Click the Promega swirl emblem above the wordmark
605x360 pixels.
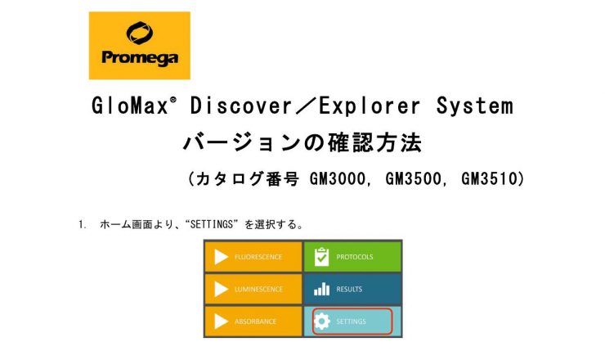(x=139, y=33)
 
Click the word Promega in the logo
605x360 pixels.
(x=140, y=58)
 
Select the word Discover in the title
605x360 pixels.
(x=240, y=106)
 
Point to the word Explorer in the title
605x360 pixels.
(x=370, y=106)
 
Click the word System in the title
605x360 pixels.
(x=475, y=106)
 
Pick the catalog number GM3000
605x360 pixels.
(x=337, y=179)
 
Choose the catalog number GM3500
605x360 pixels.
(x=413, y=179)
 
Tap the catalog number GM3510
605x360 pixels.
(x=489, y=179)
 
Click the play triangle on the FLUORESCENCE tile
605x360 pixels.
(x=221, y=257)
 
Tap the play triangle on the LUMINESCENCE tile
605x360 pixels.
(x=221, y=289)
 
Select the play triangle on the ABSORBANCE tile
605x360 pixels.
(x=221, y=321)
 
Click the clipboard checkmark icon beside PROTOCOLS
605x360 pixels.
(x=321, y=257)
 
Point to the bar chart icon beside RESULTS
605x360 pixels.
(x=322, y=289)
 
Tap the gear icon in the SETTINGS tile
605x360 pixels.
(x=322, y=321)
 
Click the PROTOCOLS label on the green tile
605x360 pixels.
(x=355, y=257)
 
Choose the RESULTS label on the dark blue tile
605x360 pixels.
(x=349, y=289)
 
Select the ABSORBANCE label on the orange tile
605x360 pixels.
(x=255, y=322)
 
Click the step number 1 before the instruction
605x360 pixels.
(x=82, y=224)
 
